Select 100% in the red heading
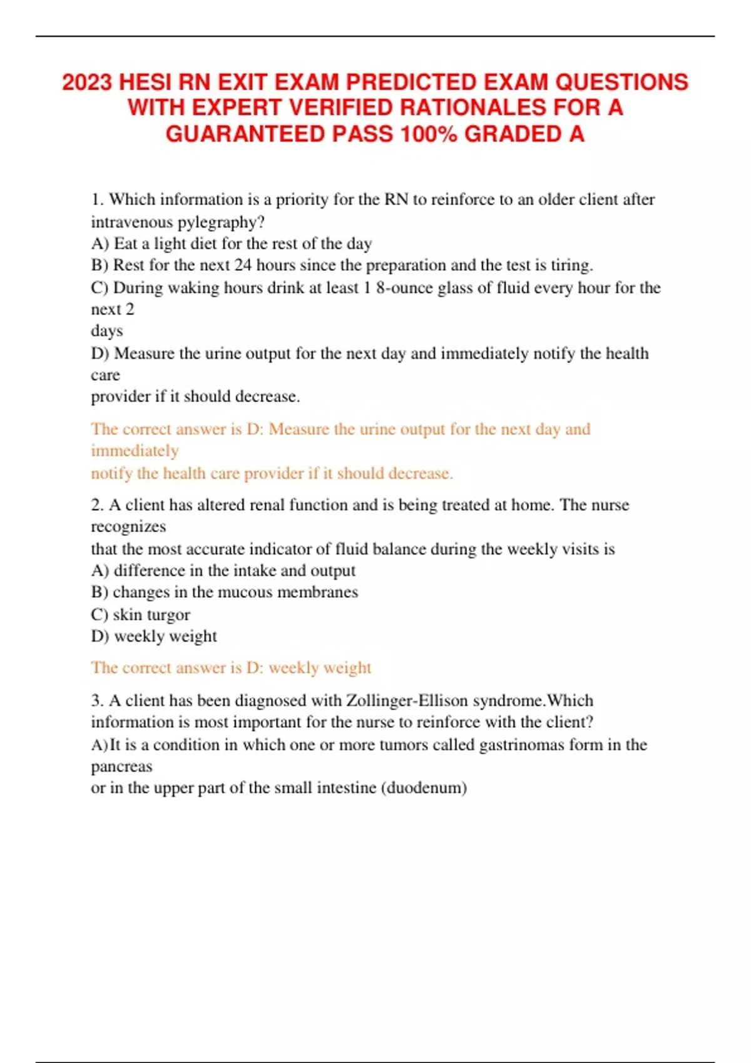click(429, 134)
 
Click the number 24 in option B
click(243, 265)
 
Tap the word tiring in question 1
click(571, 265)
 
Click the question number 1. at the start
click(98, 199)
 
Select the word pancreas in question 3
click(121, 767)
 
